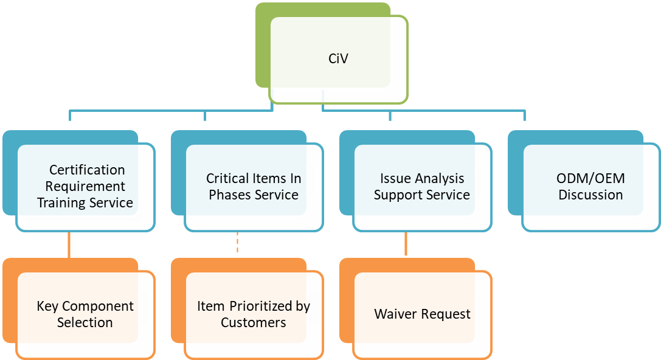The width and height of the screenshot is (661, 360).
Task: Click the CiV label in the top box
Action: point(338,59)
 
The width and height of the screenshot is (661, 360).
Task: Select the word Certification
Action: point(87,170)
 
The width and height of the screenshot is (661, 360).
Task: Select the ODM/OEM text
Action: point(590,179)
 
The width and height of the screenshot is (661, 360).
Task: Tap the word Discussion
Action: point(590,195)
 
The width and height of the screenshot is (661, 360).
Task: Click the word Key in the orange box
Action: point(47,306)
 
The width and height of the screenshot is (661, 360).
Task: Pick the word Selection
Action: point(85,322)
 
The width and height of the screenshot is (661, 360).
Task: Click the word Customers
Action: point(253,322)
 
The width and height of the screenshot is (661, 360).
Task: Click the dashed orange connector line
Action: point(237,243)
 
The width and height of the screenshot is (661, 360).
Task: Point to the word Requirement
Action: point(85,186)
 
